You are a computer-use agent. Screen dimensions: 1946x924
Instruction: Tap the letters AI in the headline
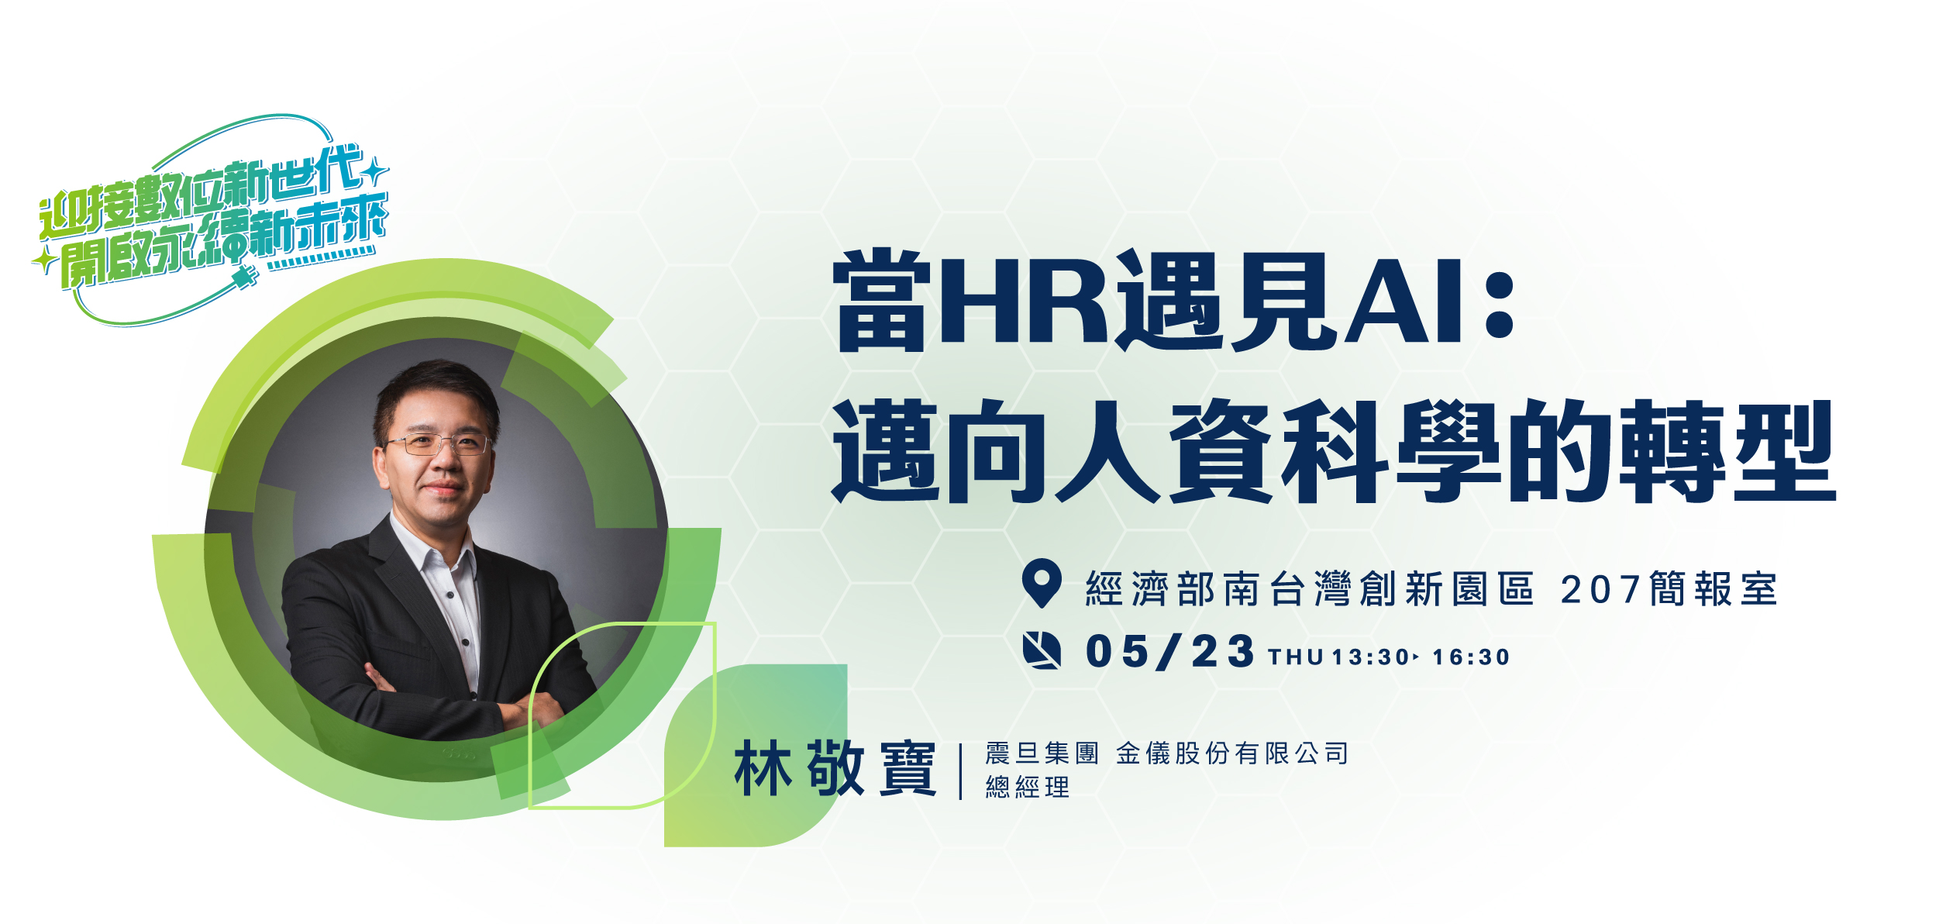pyautogui.click(x=1402, y=302)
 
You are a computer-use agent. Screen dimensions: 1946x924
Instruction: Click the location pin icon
pyautogui.click(x=1042, y=583)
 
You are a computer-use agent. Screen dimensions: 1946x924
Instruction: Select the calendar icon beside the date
pyautogui.click(x=1042, y=650)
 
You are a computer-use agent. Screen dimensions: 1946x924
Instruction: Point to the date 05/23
pyautogui.click(x=1169, y=651)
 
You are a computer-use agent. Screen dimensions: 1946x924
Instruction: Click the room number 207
pyautogui.click(x=1600, y=590)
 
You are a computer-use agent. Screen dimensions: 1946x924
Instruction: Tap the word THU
pyautogui.click(x=1296, y=657)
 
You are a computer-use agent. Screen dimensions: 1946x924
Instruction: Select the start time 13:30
pyautogui.click(x=1370, y=657)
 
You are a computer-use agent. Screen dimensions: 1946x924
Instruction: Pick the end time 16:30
pyautogui.click(x=1471, y=657)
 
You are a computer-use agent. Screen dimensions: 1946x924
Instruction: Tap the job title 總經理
pyautogui.click(x=1028, y=788)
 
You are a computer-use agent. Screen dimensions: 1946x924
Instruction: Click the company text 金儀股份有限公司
pyautogui.click(x=1232, y=753)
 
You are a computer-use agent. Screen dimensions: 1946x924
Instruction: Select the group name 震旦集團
pyautogui.click(x=1042, y=753)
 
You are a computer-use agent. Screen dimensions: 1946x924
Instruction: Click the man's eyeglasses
pyautogui.click(x=439, y=444)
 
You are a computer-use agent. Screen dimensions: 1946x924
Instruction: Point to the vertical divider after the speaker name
pyautogui.click(x=961, y=771)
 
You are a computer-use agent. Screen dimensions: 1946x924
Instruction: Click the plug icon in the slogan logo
pyautogui.click(x=243, y=277)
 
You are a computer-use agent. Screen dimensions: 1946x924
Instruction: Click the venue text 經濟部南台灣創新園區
pyautogui.click(x=1310, y=589)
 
